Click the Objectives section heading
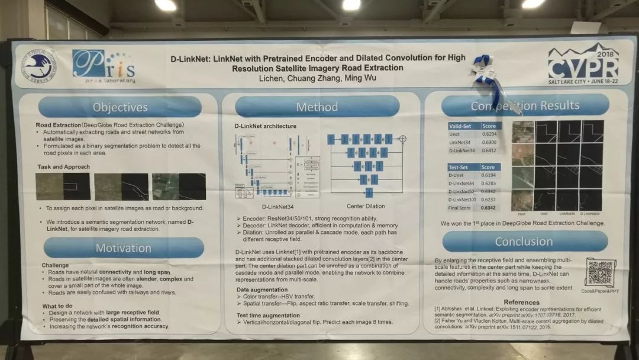[x=120, y=107]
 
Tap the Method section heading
[x=318, y=107]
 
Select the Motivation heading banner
[x=123, y=248]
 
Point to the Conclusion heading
[x=524, y=241]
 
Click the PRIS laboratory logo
[x=104, y=65]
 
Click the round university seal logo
[x=40, y=66]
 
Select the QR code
[x=600, y=272]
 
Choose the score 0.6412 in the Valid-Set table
[x=489, y=150]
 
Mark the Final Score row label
[x=461, y=208]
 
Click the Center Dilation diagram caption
[x=366, y=206]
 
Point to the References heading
[x=521, y=303]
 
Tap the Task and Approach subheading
[x=63, y=167]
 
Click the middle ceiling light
[x=351, y=5]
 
